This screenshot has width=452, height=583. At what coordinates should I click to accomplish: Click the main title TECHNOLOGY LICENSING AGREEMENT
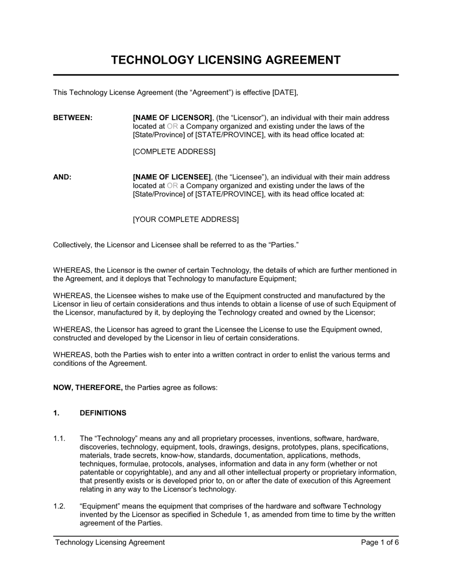(x=226, y=60)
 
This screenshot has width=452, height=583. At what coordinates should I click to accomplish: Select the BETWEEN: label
(x=73, y=118)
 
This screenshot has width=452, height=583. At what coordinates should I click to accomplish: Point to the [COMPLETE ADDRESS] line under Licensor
(x=174, y=151)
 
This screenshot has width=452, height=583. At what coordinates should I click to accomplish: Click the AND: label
(x=62, y=177)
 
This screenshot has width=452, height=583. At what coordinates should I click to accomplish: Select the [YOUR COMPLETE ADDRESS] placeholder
(x=185, y=220)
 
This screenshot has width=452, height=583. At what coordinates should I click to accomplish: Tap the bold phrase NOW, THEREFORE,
(x=88, y=387)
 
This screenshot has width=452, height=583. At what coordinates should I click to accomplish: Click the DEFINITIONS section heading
(x=103, y=413)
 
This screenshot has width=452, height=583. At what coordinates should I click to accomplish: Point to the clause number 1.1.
(x=60, y=438)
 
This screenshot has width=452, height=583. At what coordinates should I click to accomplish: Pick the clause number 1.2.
(x=60, y=506)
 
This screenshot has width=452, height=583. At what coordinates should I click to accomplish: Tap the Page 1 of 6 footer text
(x=380, y=542)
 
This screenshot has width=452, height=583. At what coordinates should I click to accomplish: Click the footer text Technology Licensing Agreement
(x=110, y=542)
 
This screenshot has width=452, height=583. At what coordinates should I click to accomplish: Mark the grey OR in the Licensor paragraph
(x=172, y=127)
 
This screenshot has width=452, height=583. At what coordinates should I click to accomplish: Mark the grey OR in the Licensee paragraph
(x=172, y=186)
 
